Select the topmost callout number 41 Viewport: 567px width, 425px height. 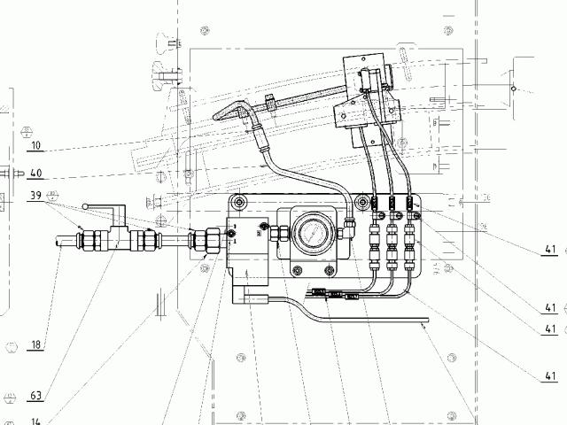tap(550, 251)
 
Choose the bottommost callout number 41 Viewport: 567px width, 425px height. tap(550, 376)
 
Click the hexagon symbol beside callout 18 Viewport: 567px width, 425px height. tap(11, 344)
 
